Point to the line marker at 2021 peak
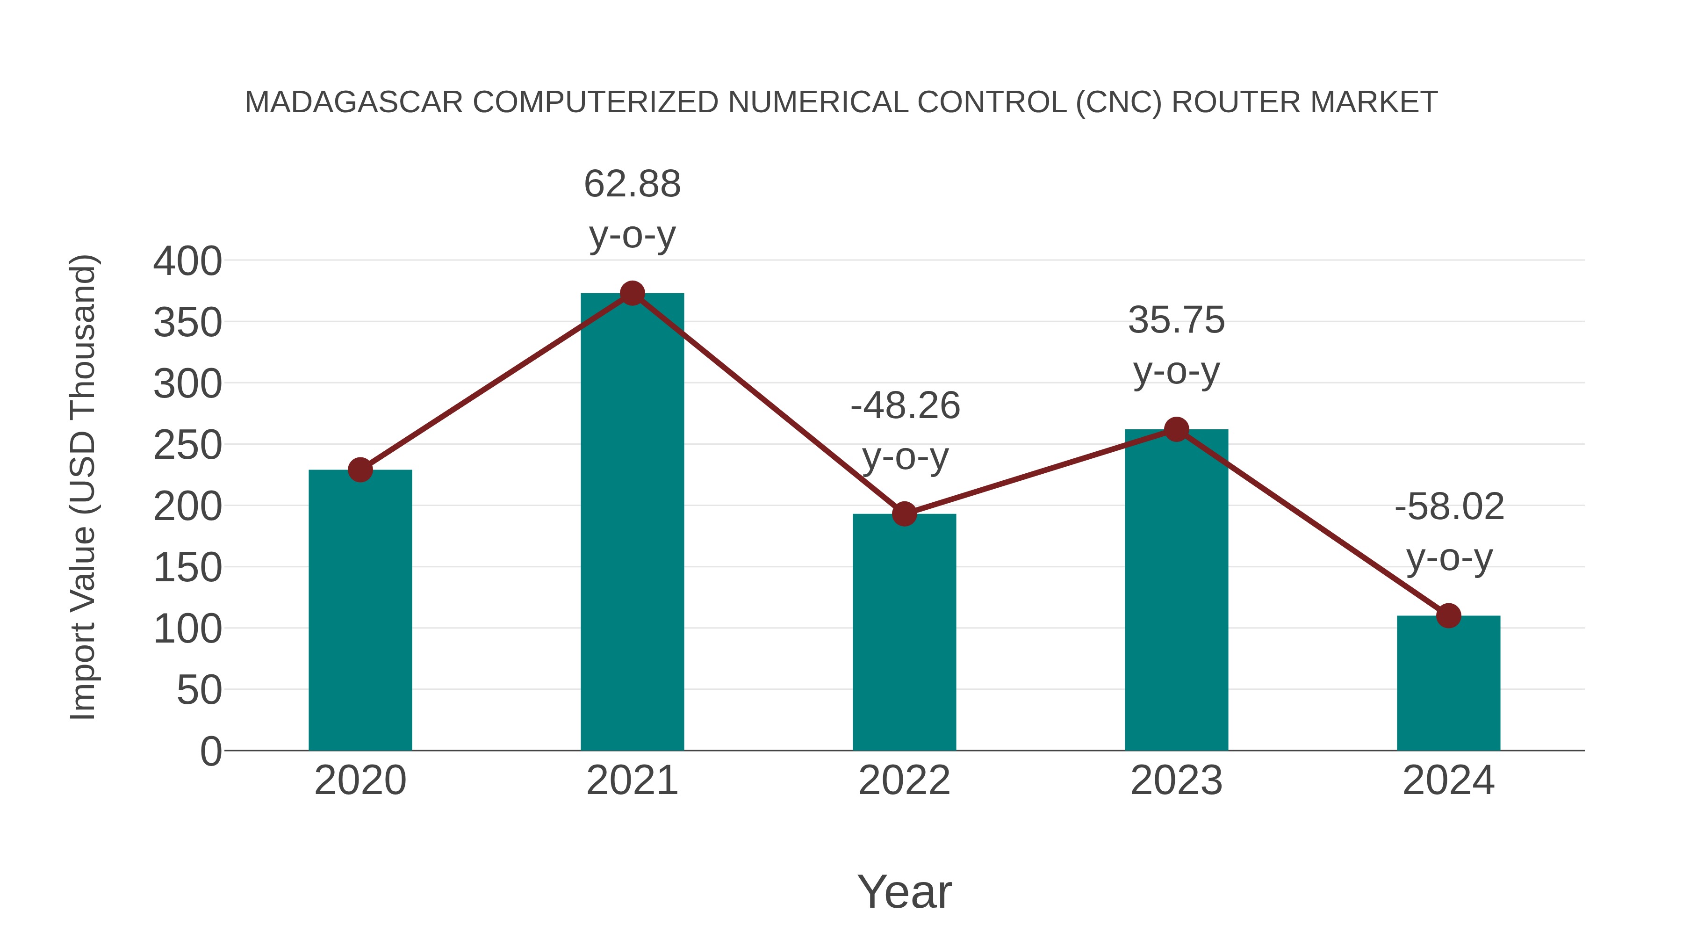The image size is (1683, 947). point(632,293)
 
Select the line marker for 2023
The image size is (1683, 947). point(1176,429)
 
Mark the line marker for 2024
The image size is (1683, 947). point(1448,615)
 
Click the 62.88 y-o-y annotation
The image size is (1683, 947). point(632,184)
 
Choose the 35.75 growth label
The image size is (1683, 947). point(1176,320)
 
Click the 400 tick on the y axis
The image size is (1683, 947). point(187,261)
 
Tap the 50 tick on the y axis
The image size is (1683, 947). point(199,690)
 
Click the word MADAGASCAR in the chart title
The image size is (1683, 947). point(353,102)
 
